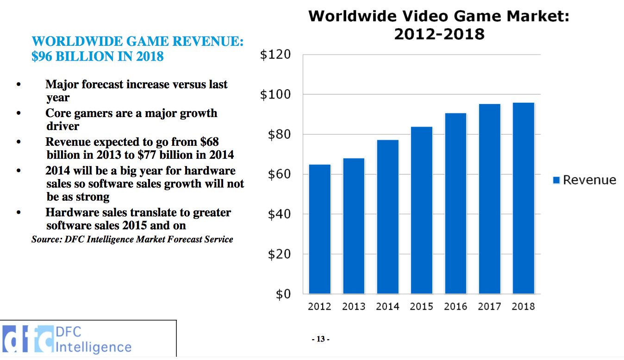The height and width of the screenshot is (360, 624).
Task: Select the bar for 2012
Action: pyautogui.click(x=319, y=229)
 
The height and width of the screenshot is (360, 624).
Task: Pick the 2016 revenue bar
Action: pyautogui.click(x=456, y=203)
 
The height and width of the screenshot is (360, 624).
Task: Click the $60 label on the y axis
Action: pyautogui.click(x=279, y=174)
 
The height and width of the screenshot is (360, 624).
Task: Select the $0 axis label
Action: pyautogui.click(x=283, y=294)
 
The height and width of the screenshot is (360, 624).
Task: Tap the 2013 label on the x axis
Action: pyautogui.click(x=354, y=306)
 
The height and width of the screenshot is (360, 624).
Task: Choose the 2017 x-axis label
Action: pyautogui.click(x=489, y=306)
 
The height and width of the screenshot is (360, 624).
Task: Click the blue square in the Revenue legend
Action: pyautogui.click(x=556, y=180)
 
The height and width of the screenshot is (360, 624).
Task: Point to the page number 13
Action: pyautogui.click(x=320, y=339)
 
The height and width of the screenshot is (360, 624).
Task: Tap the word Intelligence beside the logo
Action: pyautogui.click(x=94, y=347)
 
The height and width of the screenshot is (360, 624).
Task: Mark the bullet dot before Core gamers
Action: pyautogui.click(x=19, y=113)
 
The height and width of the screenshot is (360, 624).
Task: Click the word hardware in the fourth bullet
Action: pyautogui.click(x=210, y=171)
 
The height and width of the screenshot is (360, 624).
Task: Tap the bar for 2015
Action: pyautogui.click(x=421, y=210)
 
